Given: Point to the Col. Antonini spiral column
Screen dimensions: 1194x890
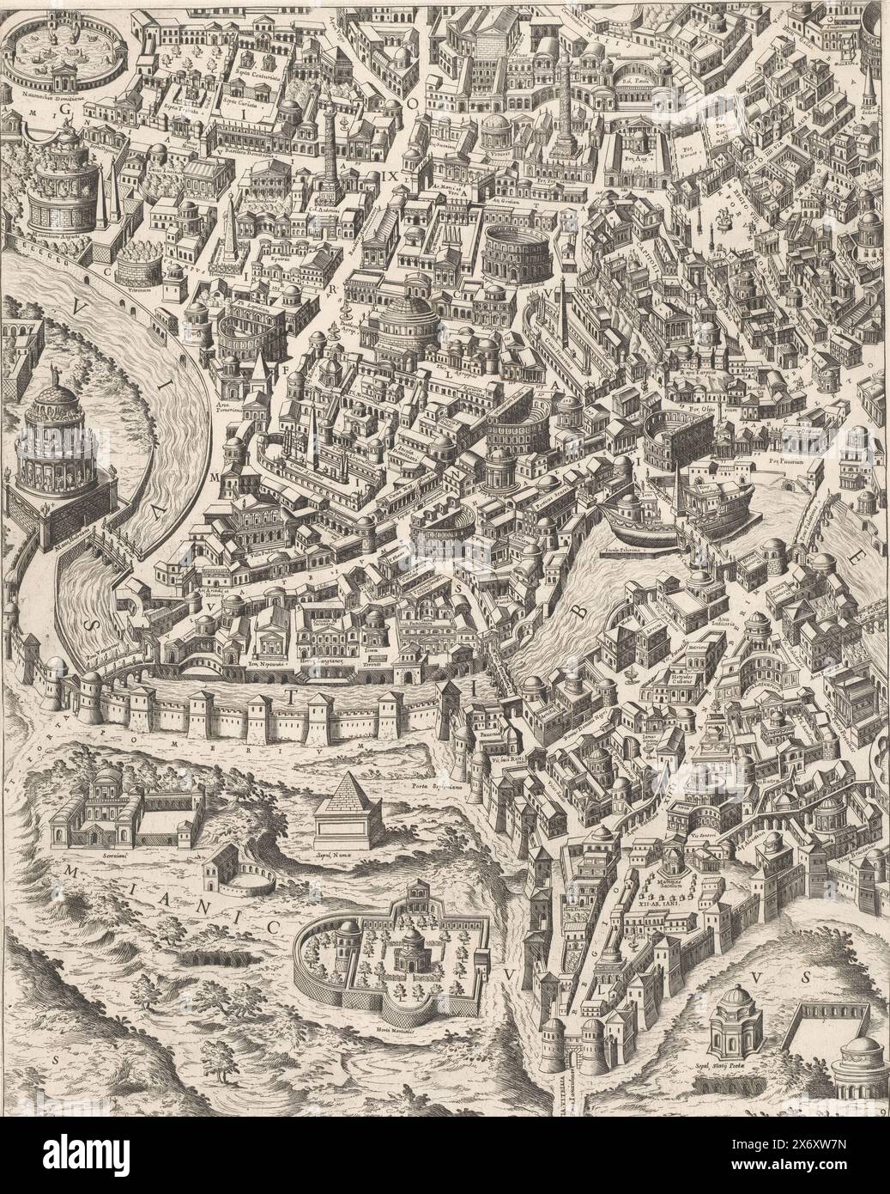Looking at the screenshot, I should (x=330, y=163).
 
